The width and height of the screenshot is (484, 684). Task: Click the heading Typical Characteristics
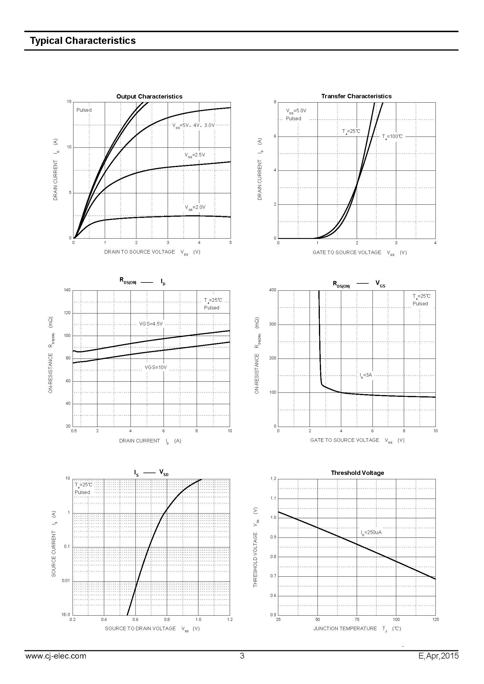[83, 41]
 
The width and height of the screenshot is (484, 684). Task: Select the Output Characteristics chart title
[149, 97]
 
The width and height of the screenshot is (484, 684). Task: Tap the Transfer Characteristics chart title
[356, 96]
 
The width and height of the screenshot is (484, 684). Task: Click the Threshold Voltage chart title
[357, 473]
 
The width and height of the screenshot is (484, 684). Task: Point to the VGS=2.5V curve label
[195, 155]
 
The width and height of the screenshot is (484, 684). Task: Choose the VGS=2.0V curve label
[195, 207]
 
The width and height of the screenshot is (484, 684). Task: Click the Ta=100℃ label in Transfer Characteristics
[392, 137]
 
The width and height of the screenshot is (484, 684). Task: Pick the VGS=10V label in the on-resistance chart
[156, 368]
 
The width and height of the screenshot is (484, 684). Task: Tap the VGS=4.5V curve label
[151, 324]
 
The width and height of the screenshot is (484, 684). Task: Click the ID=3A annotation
[366, 375]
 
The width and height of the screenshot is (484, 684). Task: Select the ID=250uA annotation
[371, 532]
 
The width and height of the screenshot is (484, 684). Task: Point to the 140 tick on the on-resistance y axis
[67, 290]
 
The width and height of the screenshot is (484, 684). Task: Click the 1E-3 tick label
[66, 615]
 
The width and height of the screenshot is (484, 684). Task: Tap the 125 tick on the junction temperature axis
[435, 620]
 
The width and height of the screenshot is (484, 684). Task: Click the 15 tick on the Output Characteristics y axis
[69, 102]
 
